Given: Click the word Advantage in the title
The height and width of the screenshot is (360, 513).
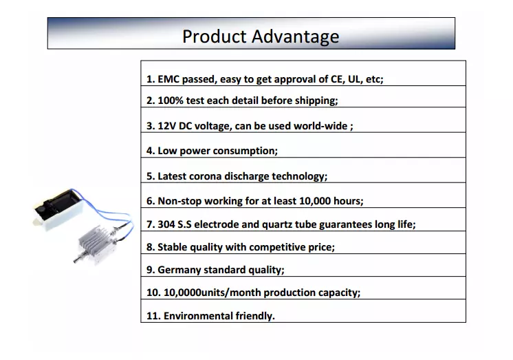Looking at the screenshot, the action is tap(295, 36).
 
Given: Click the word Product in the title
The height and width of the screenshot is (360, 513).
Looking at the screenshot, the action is tap(214, 36).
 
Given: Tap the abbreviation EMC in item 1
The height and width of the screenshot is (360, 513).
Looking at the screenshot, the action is tap(168, 79).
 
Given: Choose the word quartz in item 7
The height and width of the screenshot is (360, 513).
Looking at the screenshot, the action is tap(276, 224).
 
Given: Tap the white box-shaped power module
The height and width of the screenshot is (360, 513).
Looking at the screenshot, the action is tap(58, 209).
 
